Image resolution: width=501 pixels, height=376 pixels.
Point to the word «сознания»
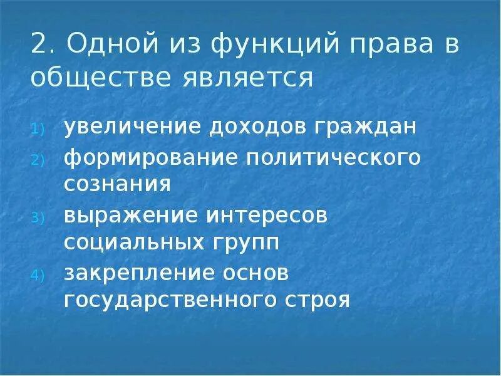click(x=117, y=185)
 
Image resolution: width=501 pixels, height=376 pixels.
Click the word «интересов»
click(x=263, y=215)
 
